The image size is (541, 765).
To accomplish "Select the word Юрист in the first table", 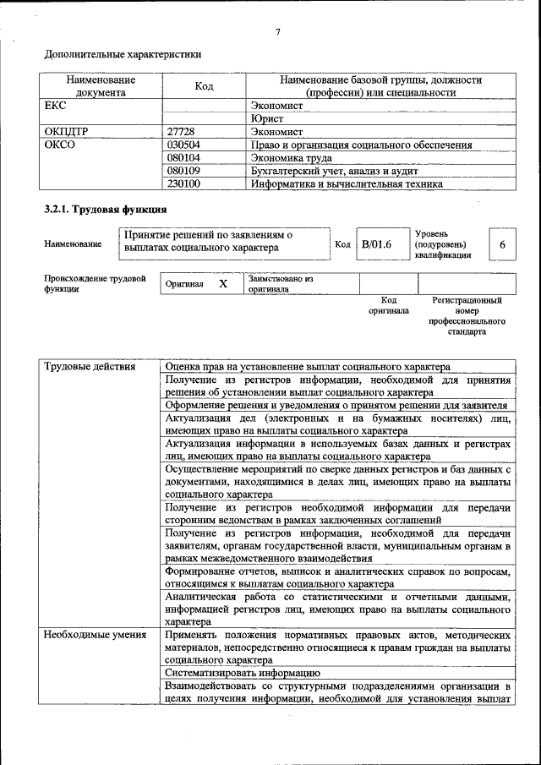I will (x=267, y=119).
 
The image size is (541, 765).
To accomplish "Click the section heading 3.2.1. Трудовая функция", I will (x=105, y=209).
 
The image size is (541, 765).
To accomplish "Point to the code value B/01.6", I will (x=376, y=244).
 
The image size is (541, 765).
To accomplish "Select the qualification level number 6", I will (x=502, y=244).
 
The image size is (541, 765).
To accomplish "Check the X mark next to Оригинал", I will (x=223, y=284).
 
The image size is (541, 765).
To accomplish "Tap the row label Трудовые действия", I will (x=89, y=367).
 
